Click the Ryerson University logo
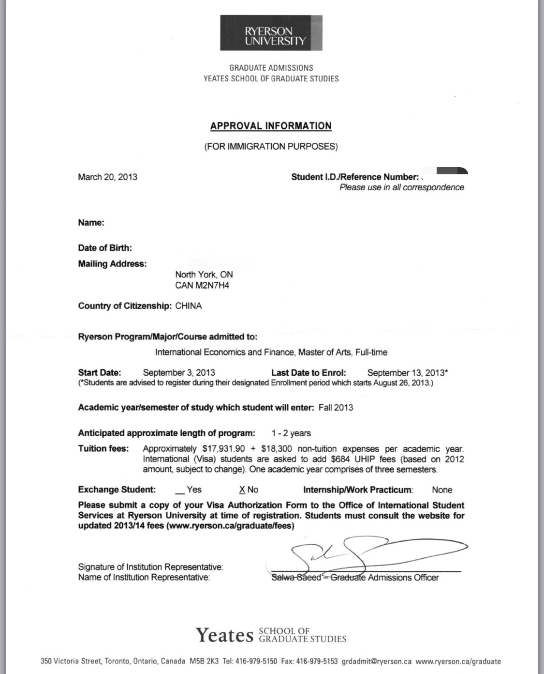(271, 33)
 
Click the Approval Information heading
(271, 126)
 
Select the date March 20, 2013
(107, 177)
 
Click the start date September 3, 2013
(179, 373)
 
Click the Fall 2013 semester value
(336, 408)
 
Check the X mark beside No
(242, 490)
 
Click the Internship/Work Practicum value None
(442, 490)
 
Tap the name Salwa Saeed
(296, 578)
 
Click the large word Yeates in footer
(224, 635)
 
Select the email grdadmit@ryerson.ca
(377, 661)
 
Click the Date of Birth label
(105, 248)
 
